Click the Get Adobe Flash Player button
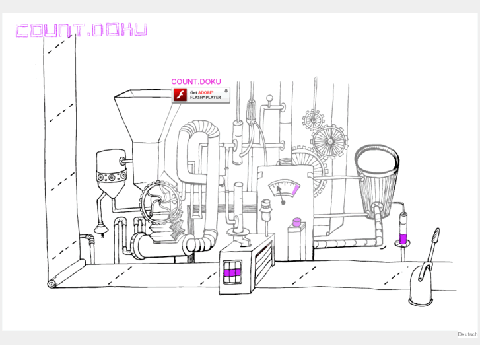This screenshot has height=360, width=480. pyautogui.click(x=201, y=95)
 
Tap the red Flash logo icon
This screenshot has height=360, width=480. pyautogui.click(x=180, y=95)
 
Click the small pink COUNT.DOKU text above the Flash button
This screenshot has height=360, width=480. pyautogui.click(x=196, y=81)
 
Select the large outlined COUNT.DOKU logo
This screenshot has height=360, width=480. pyautogui.click(x=81, y=30)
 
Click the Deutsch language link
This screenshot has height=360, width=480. pyautogui.click(x=467, y=334)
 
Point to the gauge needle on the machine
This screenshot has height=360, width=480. pyautogui.click(x=281, y=194)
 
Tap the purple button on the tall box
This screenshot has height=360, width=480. pyautogui.click(x=296, y=222)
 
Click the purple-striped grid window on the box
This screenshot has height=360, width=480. pyautogui.click(x=232, y=272)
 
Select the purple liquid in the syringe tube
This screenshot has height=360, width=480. pyautogui.click(x=403, y=238)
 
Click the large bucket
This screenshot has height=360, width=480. pyautogui.click(x=377, y=182)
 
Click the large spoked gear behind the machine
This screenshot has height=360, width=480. pyautogui.click(x=329, y=141)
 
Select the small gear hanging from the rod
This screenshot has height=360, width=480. pyautogui.click(x=314, y=119)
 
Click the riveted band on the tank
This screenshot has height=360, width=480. pyautogui.click(x=112, y=176)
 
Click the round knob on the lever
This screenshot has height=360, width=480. pyautogui.click(x=269, y=98)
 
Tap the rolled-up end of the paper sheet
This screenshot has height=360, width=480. pyautogui.click(x=51, y=284)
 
